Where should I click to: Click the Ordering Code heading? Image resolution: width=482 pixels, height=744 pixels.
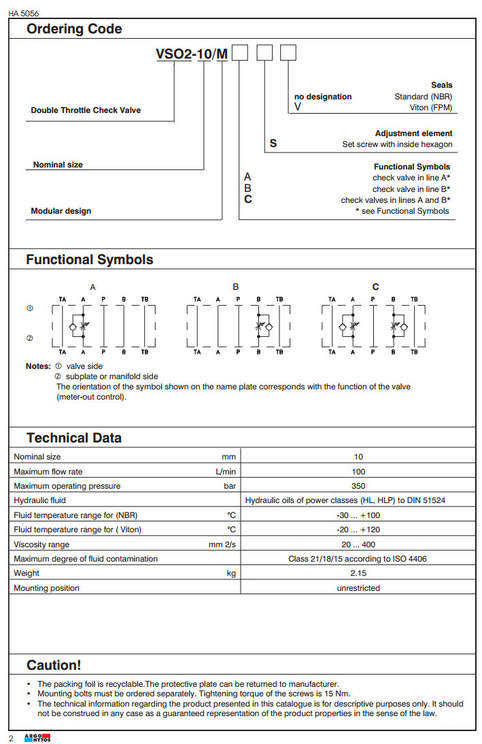point(74,29)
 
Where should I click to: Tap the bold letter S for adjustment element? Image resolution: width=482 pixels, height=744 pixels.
point(273,144)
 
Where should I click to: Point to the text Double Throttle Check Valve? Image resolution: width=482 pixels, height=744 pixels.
point(86,110)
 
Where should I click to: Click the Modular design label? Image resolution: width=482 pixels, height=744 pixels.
point(61,211)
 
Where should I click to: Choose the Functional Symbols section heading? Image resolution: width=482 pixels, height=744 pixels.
point(90,259)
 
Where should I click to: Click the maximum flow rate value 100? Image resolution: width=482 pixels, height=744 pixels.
point(358,472)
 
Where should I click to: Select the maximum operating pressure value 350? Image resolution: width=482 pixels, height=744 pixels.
point(358,486)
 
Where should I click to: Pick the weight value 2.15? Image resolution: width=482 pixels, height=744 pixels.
point(358,573)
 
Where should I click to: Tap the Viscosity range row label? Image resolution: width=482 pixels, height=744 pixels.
point(41,545)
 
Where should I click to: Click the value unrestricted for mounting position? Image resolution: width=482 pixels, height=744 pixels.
point(358,588)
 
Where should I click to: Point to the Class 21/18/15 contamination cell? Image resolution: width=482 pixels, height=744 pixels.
point(358,559)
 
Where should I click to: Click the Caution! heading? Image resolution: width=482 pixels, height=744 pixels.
point(54,665)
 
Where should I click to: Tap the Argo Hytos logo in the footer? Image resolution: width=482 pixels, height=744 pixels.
point(38,738)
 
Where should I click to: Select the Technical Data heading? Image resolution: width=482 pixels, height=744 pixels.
point(74,438)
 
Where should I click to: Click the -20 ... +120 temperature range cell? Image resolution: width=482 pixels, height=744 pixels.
point(358,530)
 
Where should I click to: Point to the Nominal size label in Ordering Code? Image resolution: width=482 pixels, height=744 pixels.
point(58,165)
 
